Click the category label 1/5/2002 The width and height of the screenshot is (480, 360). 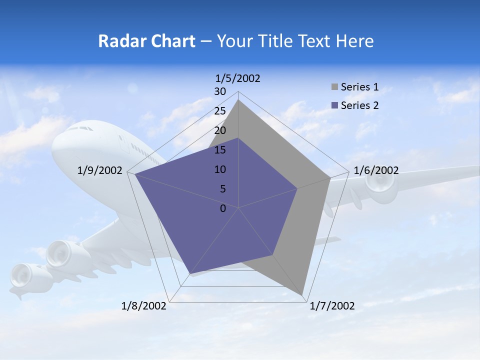pyautogui.click(x=237, y=78)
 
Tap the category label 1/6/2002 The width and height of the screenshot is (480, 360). pyautogui.click(x=376, y=170)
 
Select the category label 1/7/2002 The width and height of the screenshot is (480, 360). pyautogui.click(x=332, y=306)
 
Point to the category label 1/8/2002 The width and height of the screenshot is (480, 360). pyautogui.click(x=144, y=306)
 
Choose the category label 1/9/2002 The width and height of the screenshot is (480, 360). pyautogui.click(x=100, y=170)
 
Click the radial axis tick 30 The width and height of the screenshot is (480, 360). pyautogui.click(x=220, y=92)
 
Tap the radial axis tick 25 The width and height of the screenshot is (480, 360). pyautogui.click(x=220, y=111)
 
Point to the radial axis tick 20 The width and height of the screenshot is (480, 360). pyautogui.click(x=220, y=131)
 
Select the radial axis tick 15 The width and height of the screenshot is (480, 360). pyautogui.click(x=220, y=150)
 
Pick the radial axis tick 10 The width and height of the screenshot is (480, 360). pyautogui.click(x=220, y=169)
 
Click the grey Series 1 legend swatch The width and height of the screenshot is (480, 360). pyautogui.click(x=335, y=87)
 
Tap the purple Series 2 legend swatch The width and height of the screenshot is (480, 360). pyautogui.click(x=335, y=105)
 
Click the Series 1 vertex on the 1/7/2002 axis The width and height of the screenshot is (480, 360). pyautogui.click(x=302, y=295)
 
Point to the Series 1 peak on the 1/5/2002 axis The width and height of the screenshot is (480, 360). pyautogui.click(x=238, y=100)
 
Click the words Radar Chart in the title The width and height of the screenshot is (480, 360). pyautogui.click(x=146, y=41)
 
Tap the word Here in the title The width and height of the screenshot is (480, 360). pyautogui.click(x=354, y=41)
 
